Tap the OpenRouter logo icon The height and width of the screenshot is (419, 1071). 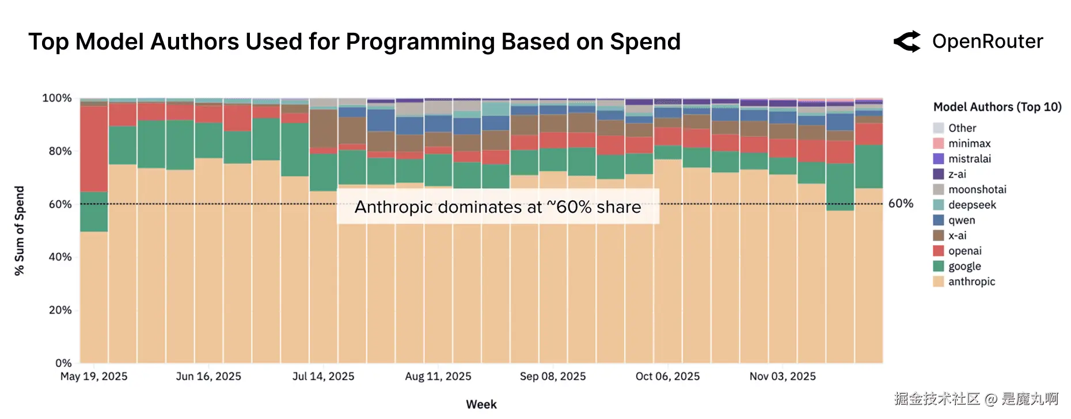907,41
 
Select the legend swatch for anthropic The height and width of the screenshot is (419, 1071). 939,281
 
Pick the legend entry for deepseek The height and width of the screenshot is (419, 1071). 972,205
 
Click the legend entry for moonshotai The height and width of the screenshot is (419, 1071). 977,189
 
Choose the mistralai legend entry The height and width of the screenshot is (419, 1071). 970,159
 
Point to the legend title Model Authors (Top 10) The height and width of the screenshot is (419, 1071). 997,107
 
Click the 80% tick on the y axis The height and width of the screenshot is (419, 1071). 60,151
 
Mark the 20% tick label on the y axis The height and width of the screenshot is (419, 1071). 60,310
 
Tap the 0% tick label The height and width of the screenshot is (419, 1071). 63,363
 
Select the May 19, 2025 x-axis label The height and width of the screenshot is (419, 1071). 94,376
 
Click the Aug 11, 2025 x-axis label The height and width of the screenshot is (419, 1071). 438,376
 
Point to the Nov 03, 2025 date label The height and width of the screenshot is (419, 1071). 783,376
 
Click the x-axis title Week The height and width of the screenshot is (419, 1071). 481,404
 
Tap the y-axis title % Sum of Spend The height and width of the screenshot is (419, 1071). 20,231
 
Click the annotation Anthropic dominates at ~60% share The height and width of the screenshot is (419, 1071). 497,207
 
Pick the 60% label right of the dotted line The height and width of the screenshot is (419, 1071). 901,204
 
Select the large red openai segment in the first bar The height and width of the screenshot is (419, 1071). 94,148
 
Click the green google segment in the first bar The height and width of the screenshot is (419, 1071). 94,212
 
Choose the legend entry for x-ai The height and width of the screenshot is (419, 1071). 957,235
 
